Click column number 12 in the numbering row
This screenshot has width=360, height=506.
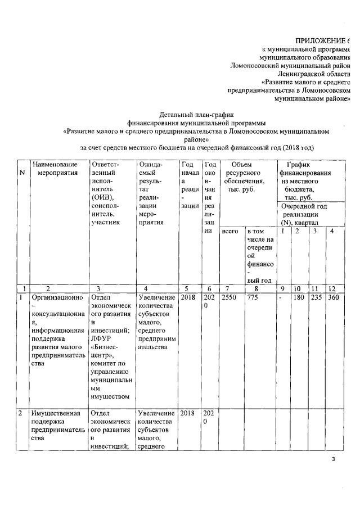[332, 289]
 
